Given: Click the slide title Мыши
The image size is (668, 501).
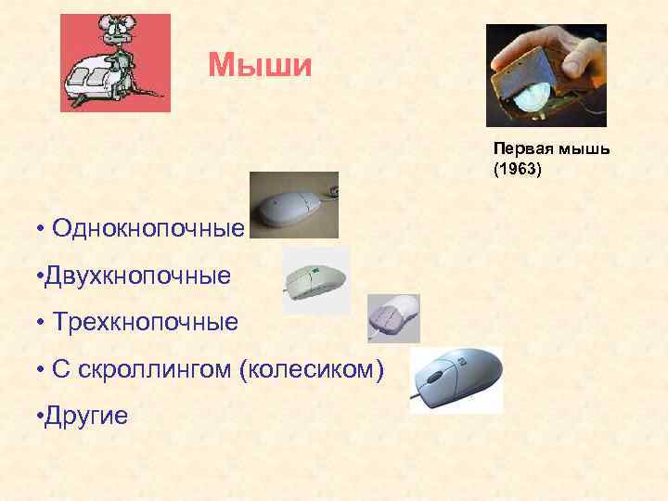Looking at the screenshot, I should point(261,65).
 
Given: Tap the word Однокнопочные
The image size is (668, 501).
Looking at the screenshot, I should point(149,227).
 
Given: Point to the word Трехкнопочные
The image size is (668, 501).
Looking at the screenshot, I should point(146,322).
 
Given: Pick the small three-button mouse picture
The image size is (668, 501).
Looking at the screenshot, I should point(393,318).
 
